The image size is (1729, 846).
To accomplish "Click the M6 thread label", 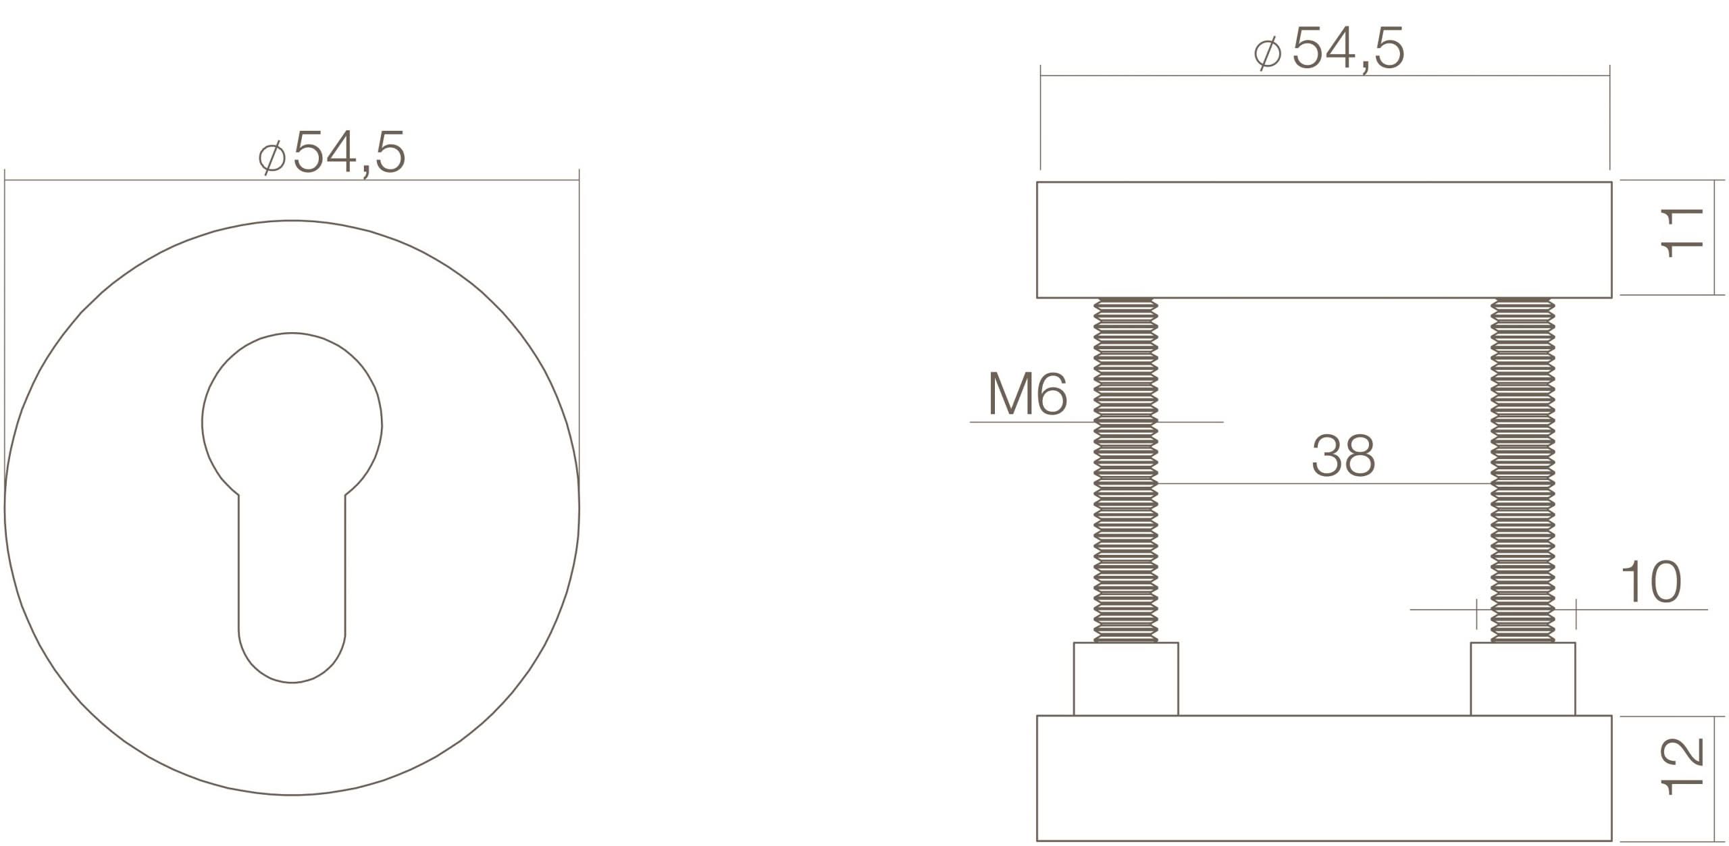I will tap(1027, 394).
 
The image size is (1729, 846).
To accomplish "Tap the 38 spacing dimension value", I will tap(1343, 456).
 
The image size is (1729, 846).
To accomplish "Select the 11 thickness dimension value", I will tap(1681, 234).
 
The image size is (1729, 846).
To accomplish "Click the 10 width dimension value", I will tap(1651, 582).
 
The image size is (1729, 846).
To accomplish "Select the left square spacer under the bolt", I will tap(1126, 679).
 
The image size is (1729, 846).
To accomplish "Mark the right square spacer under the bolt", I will tap(1523, 679).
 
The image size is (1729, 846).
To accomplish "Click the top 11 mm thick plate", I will tap(1324, 240).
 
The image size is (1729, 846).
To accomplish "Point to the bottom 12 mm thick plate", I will tap(1324, 778).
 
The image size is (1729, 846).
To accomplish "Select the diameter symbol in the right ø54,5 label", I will tap(1268, 53).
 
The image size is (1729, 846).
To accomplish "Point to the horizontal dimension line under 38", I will tap(1324, 483).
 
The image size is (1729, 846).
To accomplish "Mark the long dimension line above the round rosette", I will tap(292, 180).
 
